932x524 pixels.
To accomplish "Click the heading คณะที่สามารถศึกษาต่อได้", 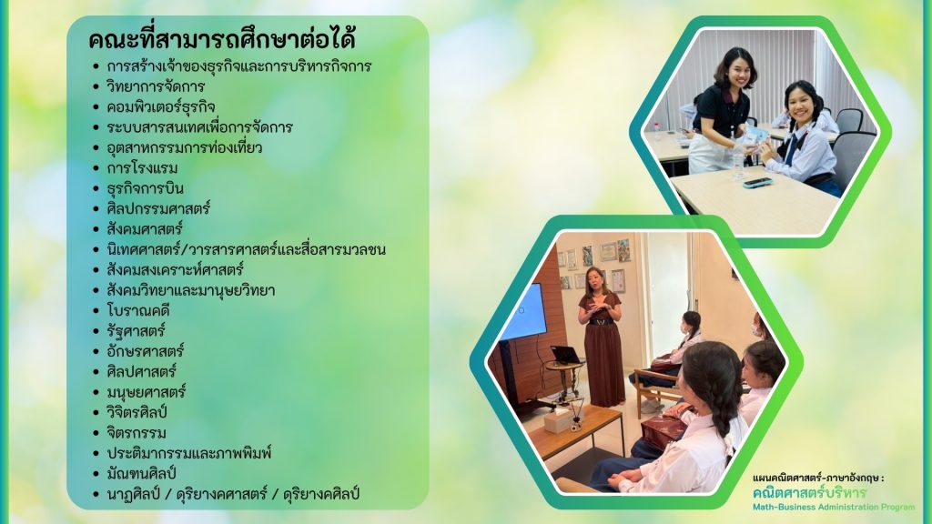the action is click(x=222, y=39).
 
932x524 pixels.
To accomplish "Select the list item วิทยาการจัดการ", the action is click(x=156, y=86).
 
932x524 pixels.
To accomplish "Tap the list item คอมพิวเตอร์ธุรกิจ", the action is click(x=160, y=107).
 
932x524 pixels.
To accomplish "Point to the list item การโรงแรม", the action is click(x=142, y=168).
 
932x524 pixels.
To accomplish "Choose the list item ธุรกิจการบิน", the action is click(x=145, y=188).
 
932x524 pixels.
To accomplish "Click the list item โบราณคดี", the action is click(x=138, y=310).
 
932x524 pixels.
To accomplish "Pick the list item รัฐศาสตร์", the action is click(x=136, y=330).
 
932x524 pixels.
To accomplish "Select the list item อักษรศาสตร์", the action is click(x=145, y=350).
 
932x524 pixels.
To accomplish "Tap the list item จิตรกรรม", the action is click(x=137, y=432).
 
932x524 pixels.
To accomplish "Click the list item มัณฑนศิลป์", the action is click(x=141, y=473).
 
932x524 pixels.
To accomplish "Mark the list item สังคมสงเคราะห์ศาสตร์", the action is click(x=175, y=269).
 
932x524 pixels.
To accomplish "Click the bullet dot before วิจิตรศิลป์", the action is click(x=96, y=412).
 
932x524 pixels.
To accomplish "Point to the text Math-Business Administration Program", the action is click(x=834, y=507).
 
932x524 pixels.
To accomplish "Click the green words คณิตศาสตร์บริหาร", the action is click(x=809, y=492).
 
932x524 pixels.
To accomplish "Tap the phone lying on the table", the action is click(x=757, y=182).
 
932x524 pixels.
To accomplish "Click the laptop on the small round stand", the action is click(x=566, y=356).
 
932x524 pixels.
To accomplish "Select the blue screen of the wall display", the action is click(x=522, y=312).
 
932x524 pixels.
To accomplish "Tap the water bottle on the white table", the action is click(x=737, y=162).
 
